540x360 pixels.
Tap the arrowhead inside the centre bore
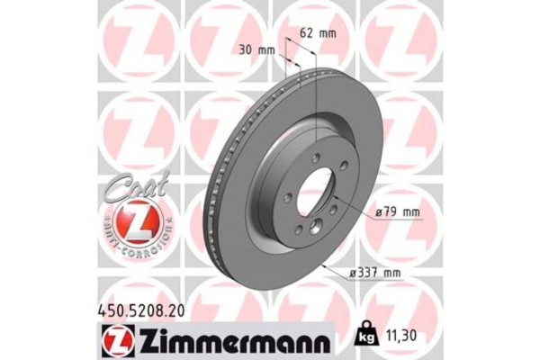(x=333, y=195)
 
